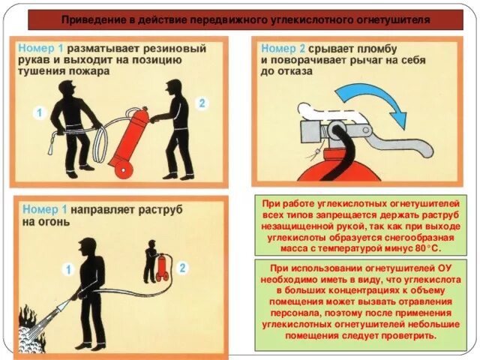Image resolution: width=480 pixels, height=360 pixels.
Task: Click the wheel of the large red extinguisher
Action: tap(124, 169)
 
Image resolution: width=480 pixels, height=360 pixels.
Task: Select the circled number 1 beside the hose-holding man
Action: tap(40, 113)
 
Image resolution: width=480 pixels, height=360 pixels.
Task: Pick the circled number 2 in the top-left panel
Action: tap(202, 103)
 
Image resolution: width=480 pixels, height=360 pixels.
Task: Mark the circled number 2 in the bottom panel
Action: tap(183, 268)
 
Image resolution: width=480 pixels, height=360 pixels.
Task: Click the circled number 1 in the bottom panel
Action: tap(68, 269)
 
